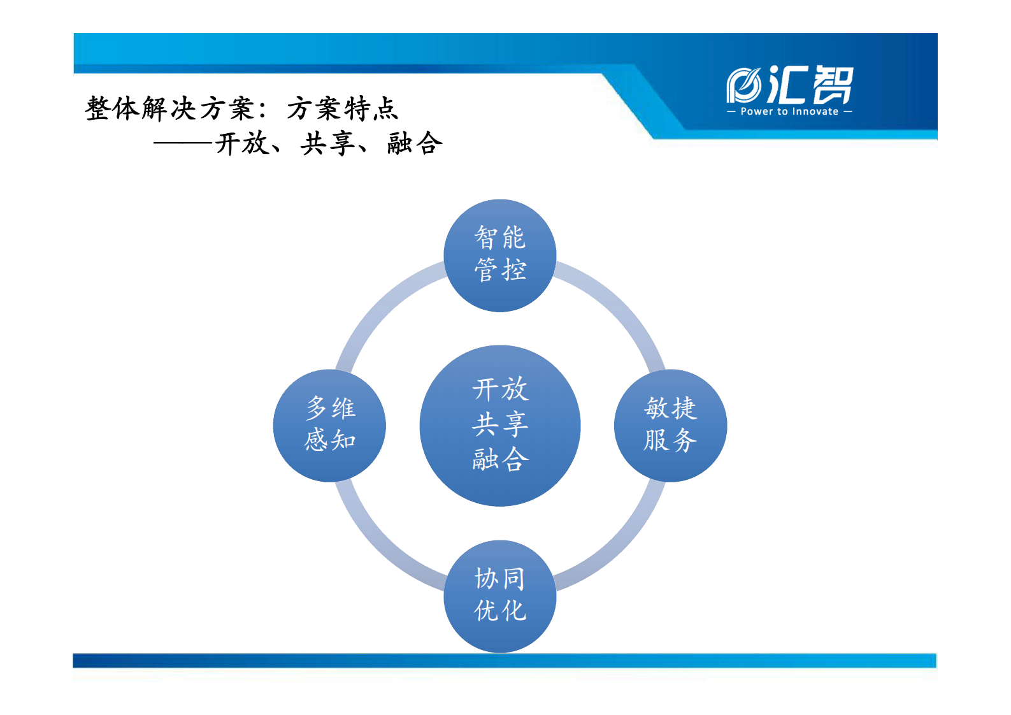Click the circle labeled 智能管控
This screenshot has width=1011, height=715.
click(500, 255)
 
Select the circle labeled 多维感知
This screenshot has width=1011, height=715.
click(329, 425)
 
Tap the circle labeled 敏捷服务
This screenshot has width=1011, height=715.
click(670, 425)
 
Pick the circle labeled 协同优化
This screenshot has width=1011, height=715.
click(500, 596)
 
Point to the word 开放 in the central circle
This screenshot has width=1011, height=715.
click(500, 389)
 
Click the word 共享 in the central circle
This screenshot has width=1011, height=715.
click(500, 424)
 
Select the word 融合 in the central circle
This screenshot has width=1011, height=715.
click(500, 459)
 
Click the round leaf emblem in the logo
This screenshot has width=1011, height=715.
click(743, 85)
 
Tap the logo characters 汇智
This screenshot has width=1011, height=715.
click(810, 85)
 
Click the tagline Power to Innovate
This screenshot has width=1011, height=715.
click(789, 112)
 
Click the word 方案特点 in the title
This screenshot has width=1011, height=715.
click(342, 109)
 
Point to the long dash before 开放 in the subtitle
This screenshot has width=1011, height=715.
click(183, 144)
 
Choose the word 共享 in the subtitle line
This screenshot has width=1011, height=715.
click(327, 144)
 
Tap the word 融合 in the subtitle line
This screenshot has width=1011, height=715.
click(414, 144)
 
